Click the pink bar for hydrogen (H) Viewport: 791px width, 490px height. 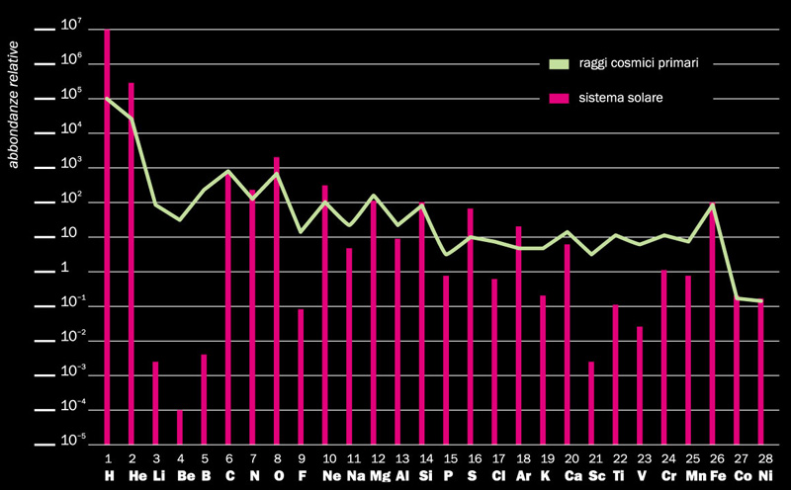(x=107, y=237)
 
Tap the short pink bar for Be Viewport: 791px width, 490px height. (x=180, y=428)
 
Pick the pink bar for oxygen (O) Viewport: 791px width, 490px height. (x=277, y=296)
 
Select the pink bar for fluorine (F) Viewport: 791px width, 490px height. (x=301, y=376)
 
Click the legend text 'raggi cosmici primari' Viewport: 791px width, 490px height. (x=624, y=63)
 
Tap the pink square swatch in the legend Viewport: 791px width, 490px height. (x=560, y=99)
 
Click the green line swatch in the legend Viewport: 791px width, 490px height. (x=560, y=64)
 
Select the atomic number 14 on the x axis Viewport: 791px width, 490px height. (x=426, y=459)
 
